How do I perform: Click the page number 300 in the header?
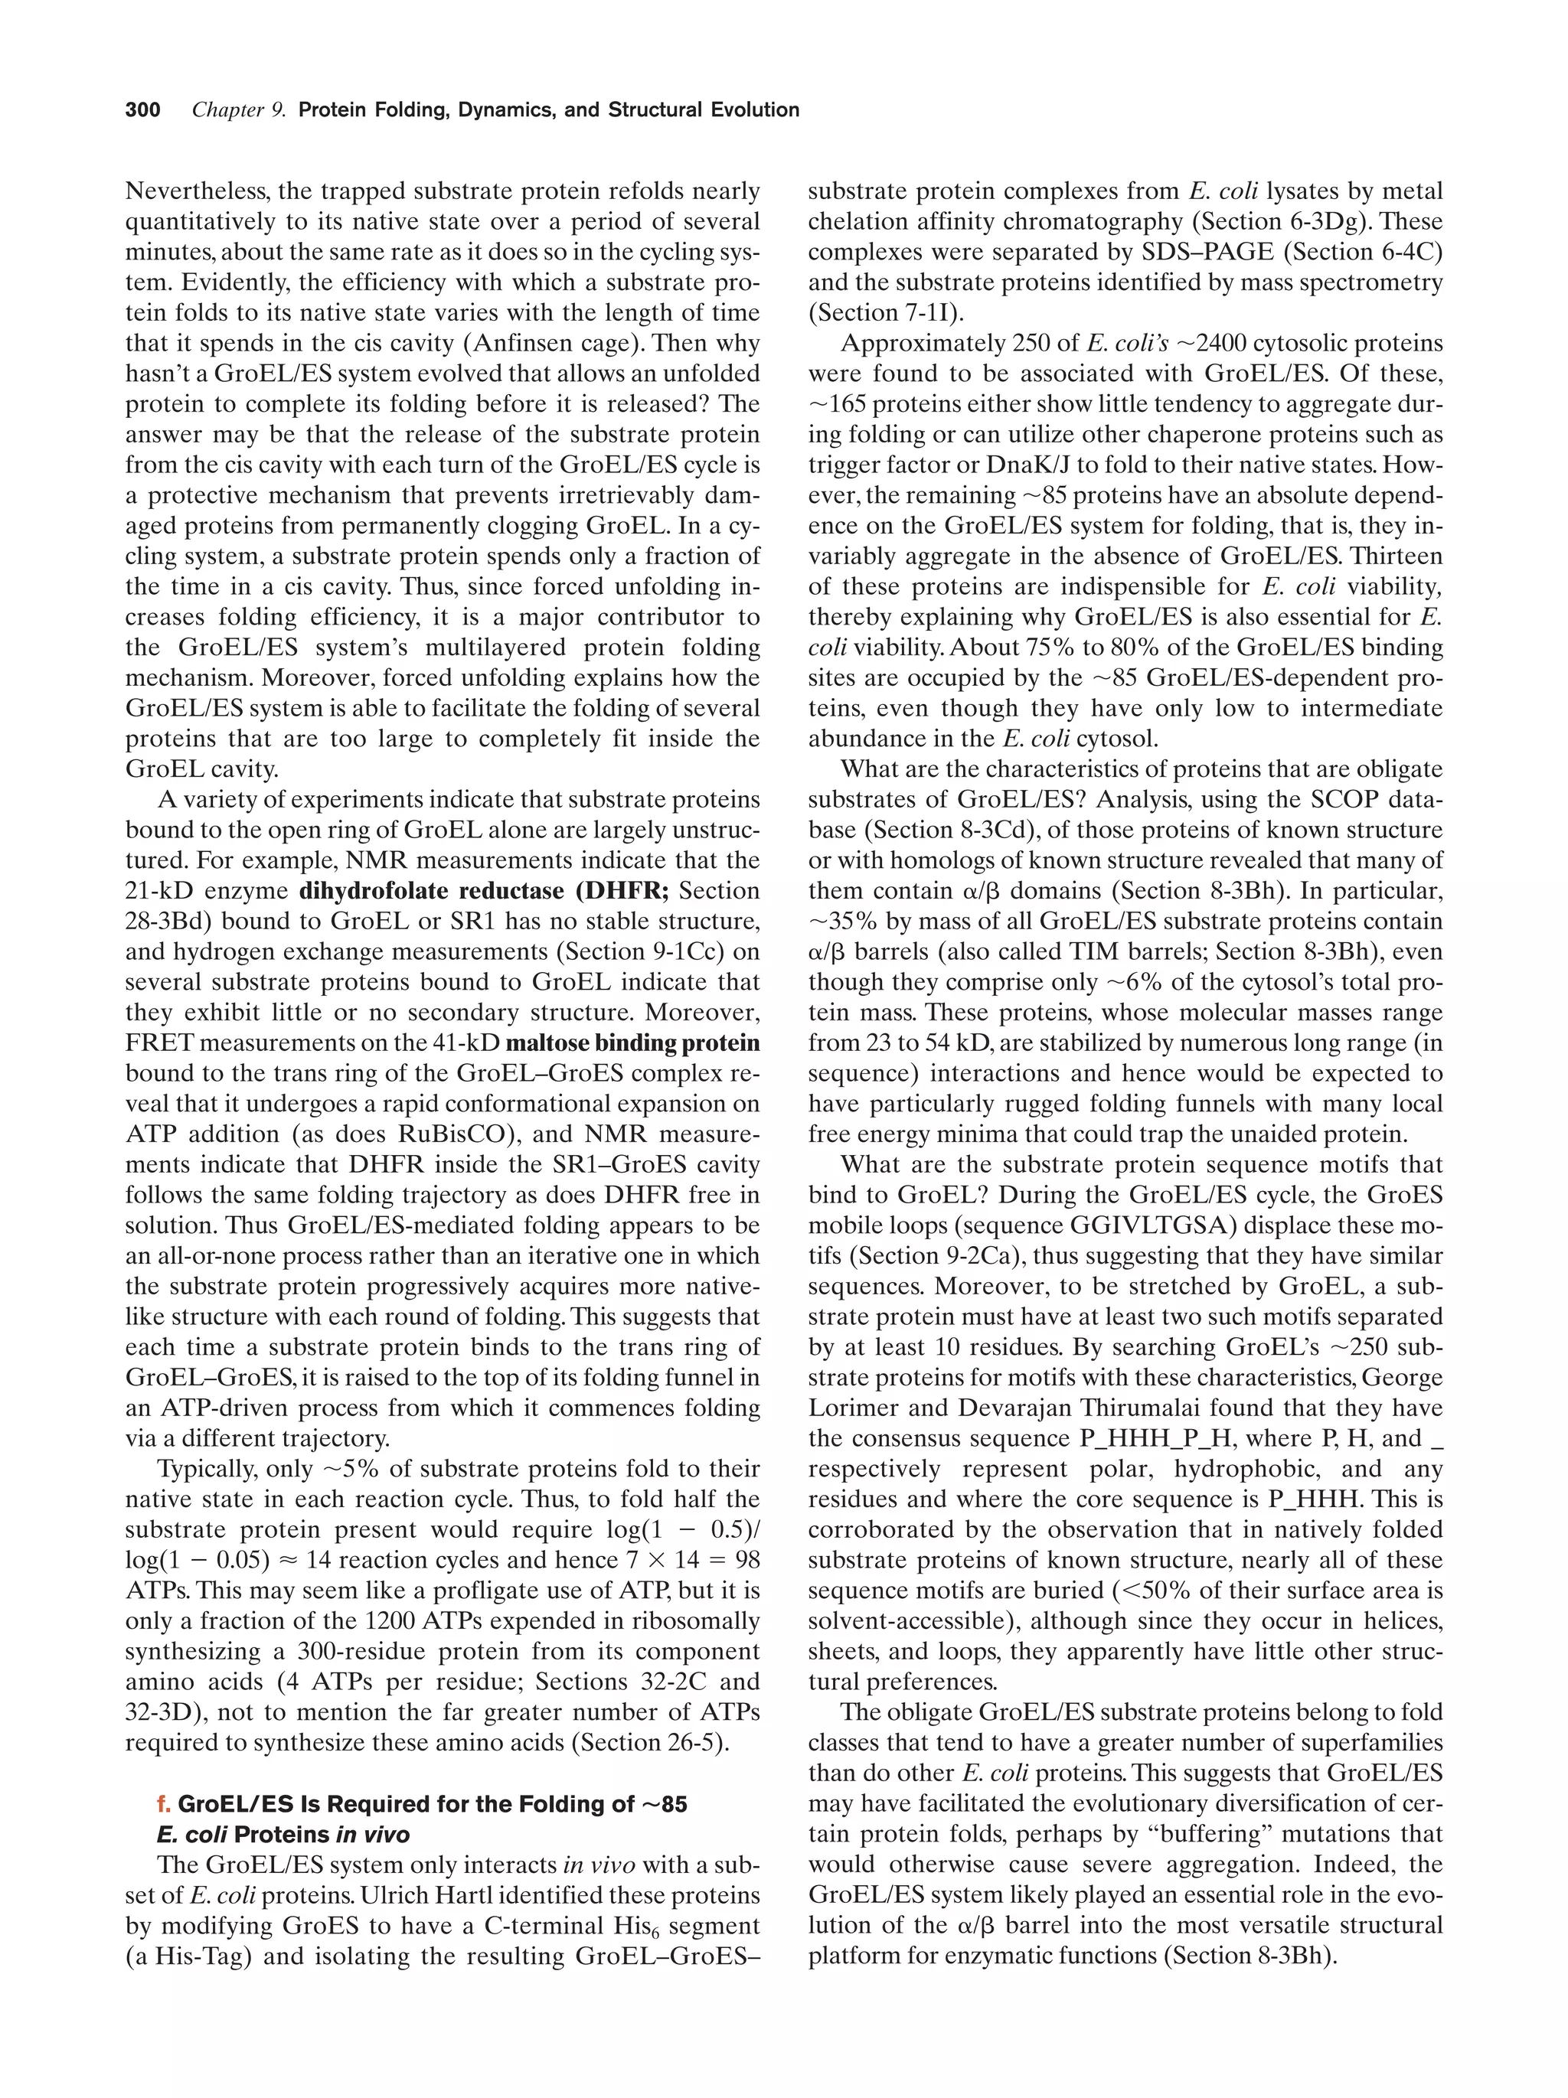coord(142,110)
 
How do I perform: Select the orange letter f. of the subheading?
coord(164,1804)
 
